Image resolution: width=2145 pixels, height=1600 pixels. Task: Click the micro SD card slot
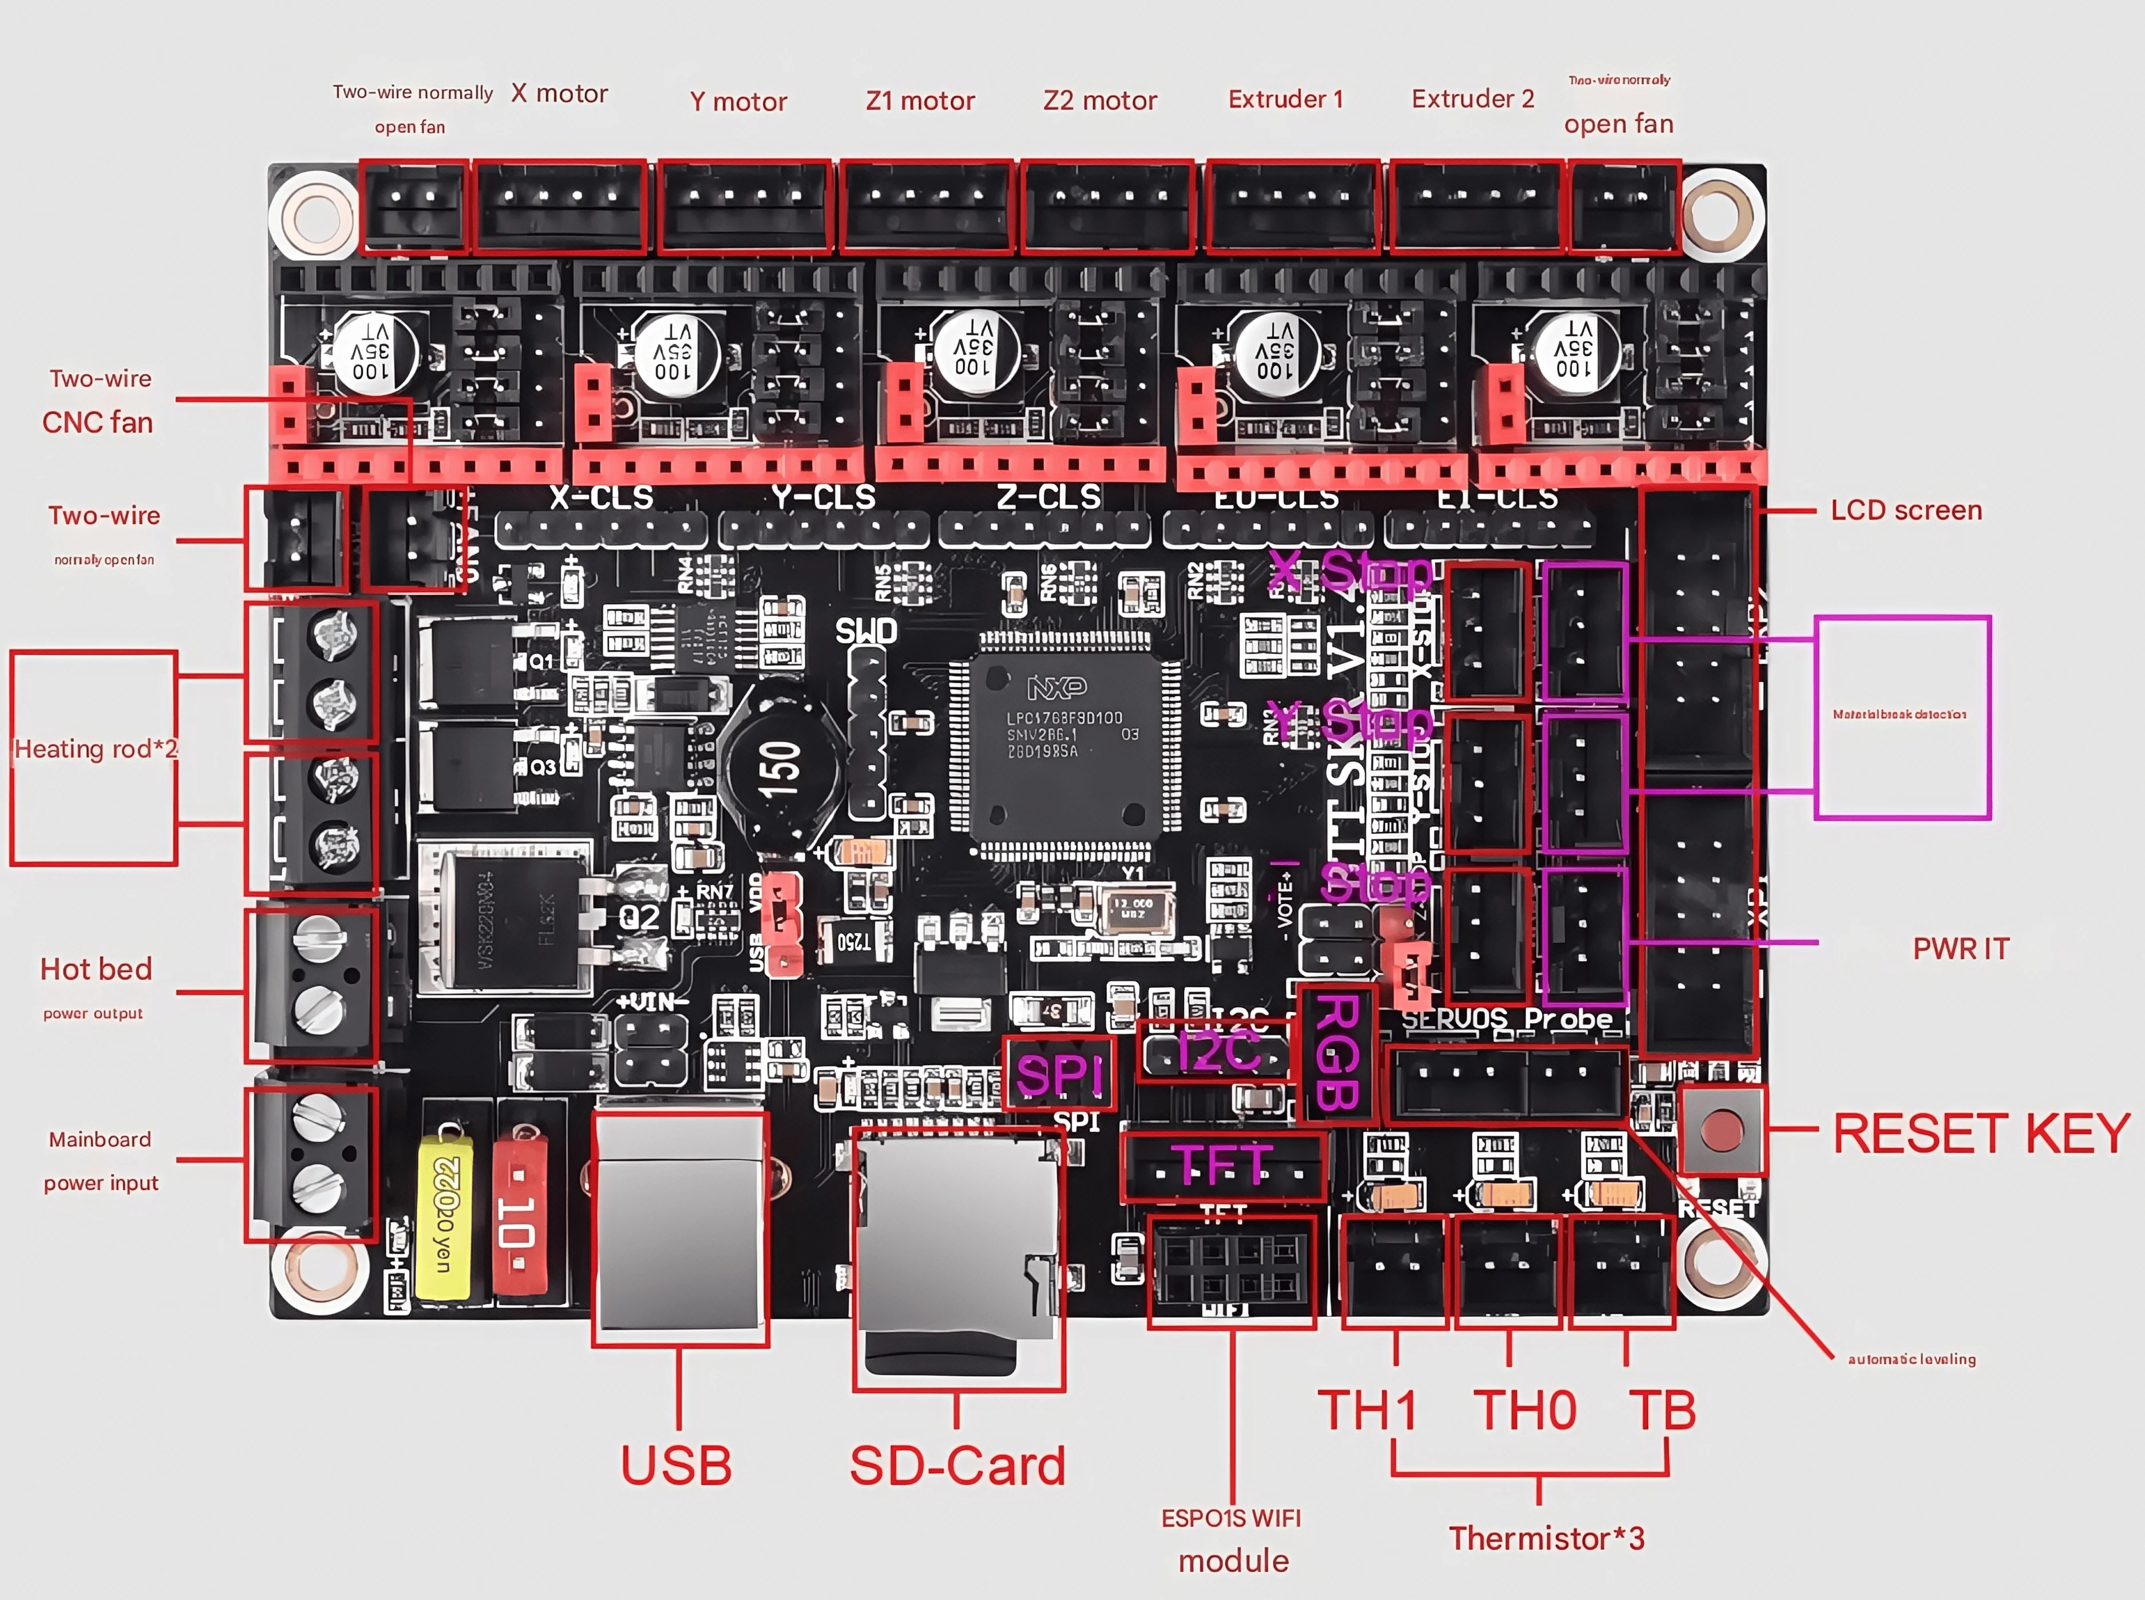pos(957,1249)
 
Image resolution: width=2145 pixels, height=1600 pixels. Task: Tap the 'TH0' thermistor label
pos(1524,1410)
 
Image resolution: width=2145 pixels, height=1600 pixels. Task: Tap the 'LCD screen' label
pos(1905,510)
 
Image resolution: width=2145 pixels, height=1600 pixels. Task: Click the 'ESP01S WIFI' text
pos(1231,1518)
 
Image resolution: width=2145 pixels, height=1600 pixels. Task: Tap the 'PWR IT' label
pos(1960,948)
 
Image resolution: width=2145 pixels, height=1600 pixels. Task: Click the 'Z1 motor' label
pos(919,101)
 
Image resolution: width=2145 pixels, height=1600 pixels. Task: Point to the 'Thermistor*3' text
pos(1546,1538)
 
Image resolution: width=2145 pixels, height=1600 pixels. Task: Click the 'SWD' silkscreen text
pos(866,632)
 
